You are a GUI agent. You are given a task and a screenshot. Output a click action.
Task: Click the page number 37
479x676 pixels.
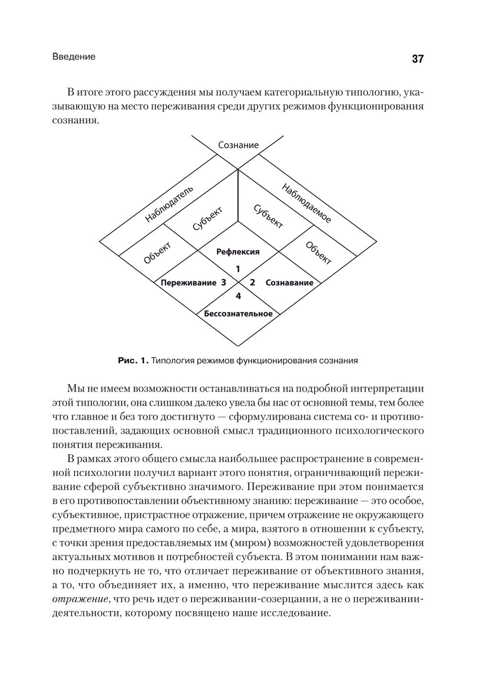(x=417, y=59)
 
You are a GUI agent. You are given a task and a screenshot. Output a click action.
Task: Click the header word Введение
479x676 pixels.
(x=74, y=56)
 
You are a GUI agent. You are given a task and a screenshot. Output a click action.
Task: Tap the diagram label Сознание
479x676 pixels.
(x=238, y=145)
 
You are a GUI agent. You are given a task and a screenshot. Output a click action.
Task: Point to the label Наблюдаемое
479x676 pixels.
(x=307, y=203)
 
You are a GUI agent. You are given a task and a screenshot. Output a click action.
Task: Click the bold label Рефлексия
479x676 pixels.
(x=238, y=252)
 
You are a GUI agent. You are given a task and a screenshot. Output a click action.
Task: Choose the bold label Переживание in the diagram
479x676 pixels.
(x=188, y=283)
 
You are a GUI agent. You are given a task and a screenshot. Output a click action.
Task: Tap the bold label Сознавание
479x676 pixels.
(x=289, y=283)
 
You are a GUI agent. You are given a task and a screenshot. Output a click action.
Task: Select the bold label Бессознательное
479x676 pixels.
(x=238, y=314)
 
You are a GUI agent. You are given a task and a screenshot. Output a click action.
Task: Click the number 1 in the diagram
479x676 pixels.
(x=238, y=269)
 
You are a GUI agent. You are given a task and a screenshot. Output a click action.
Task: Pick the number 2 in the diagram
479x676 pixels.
(x=253, y=283)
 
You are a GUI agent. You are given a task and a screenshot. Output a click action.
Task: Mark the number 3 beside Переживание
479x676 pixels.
(x=223, y=283)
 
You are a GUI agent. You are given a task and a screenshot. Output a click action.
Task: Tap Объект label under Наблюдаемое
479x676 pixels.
(x=318, y=253)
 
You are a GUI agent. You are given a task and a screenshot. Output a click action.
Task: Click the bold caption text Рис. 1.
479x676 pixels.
(x=134, y=361)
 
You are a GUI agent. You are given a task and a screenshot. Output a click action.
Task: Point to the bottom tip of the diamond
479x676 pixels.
(x=238, y=345)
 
